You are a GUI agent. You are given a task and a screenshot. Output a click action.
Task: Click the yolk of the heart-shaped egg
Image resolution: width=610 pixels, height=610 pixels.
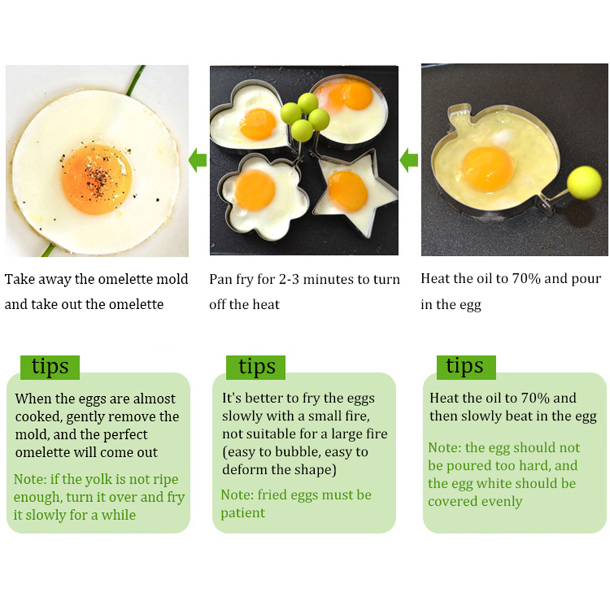[258, 124]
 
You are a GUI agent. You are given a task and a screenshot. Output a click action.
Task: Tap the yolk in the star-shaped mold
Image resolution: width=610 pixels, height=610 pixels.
[348, 191]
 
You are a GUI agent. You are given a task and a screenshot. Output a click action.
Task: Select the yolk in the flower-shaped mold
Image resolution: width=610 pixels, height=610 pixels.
[255, 190]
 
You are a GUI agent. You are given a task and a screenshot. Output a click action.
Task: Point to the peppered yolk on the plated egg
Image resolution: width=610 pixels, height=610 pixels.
[97, 180]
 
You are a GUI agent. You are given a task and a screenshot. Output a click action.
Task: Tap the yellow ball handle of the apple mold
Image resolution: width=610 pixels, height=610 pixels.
[584, 183]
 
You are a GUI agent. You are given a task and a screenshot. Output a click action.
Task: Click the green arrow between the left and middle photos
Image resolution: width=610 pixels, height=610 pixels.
[198, 160]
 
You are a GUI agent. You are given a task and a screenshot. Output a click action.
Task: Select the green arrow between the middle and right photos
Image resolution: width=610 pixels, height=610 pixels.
[409, 160]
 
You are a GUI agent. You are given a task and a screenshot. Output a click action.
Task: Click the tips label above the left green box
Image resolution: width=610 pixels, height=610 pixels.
[50, 367]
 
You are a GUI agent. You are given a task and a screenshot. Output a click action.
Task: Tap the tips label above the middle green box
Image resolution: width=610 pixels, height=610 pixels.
[256, 367]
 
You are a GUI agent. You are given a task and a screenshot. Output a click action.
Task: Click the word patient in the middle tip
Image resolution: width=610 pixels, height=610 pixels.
[243, 513]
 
